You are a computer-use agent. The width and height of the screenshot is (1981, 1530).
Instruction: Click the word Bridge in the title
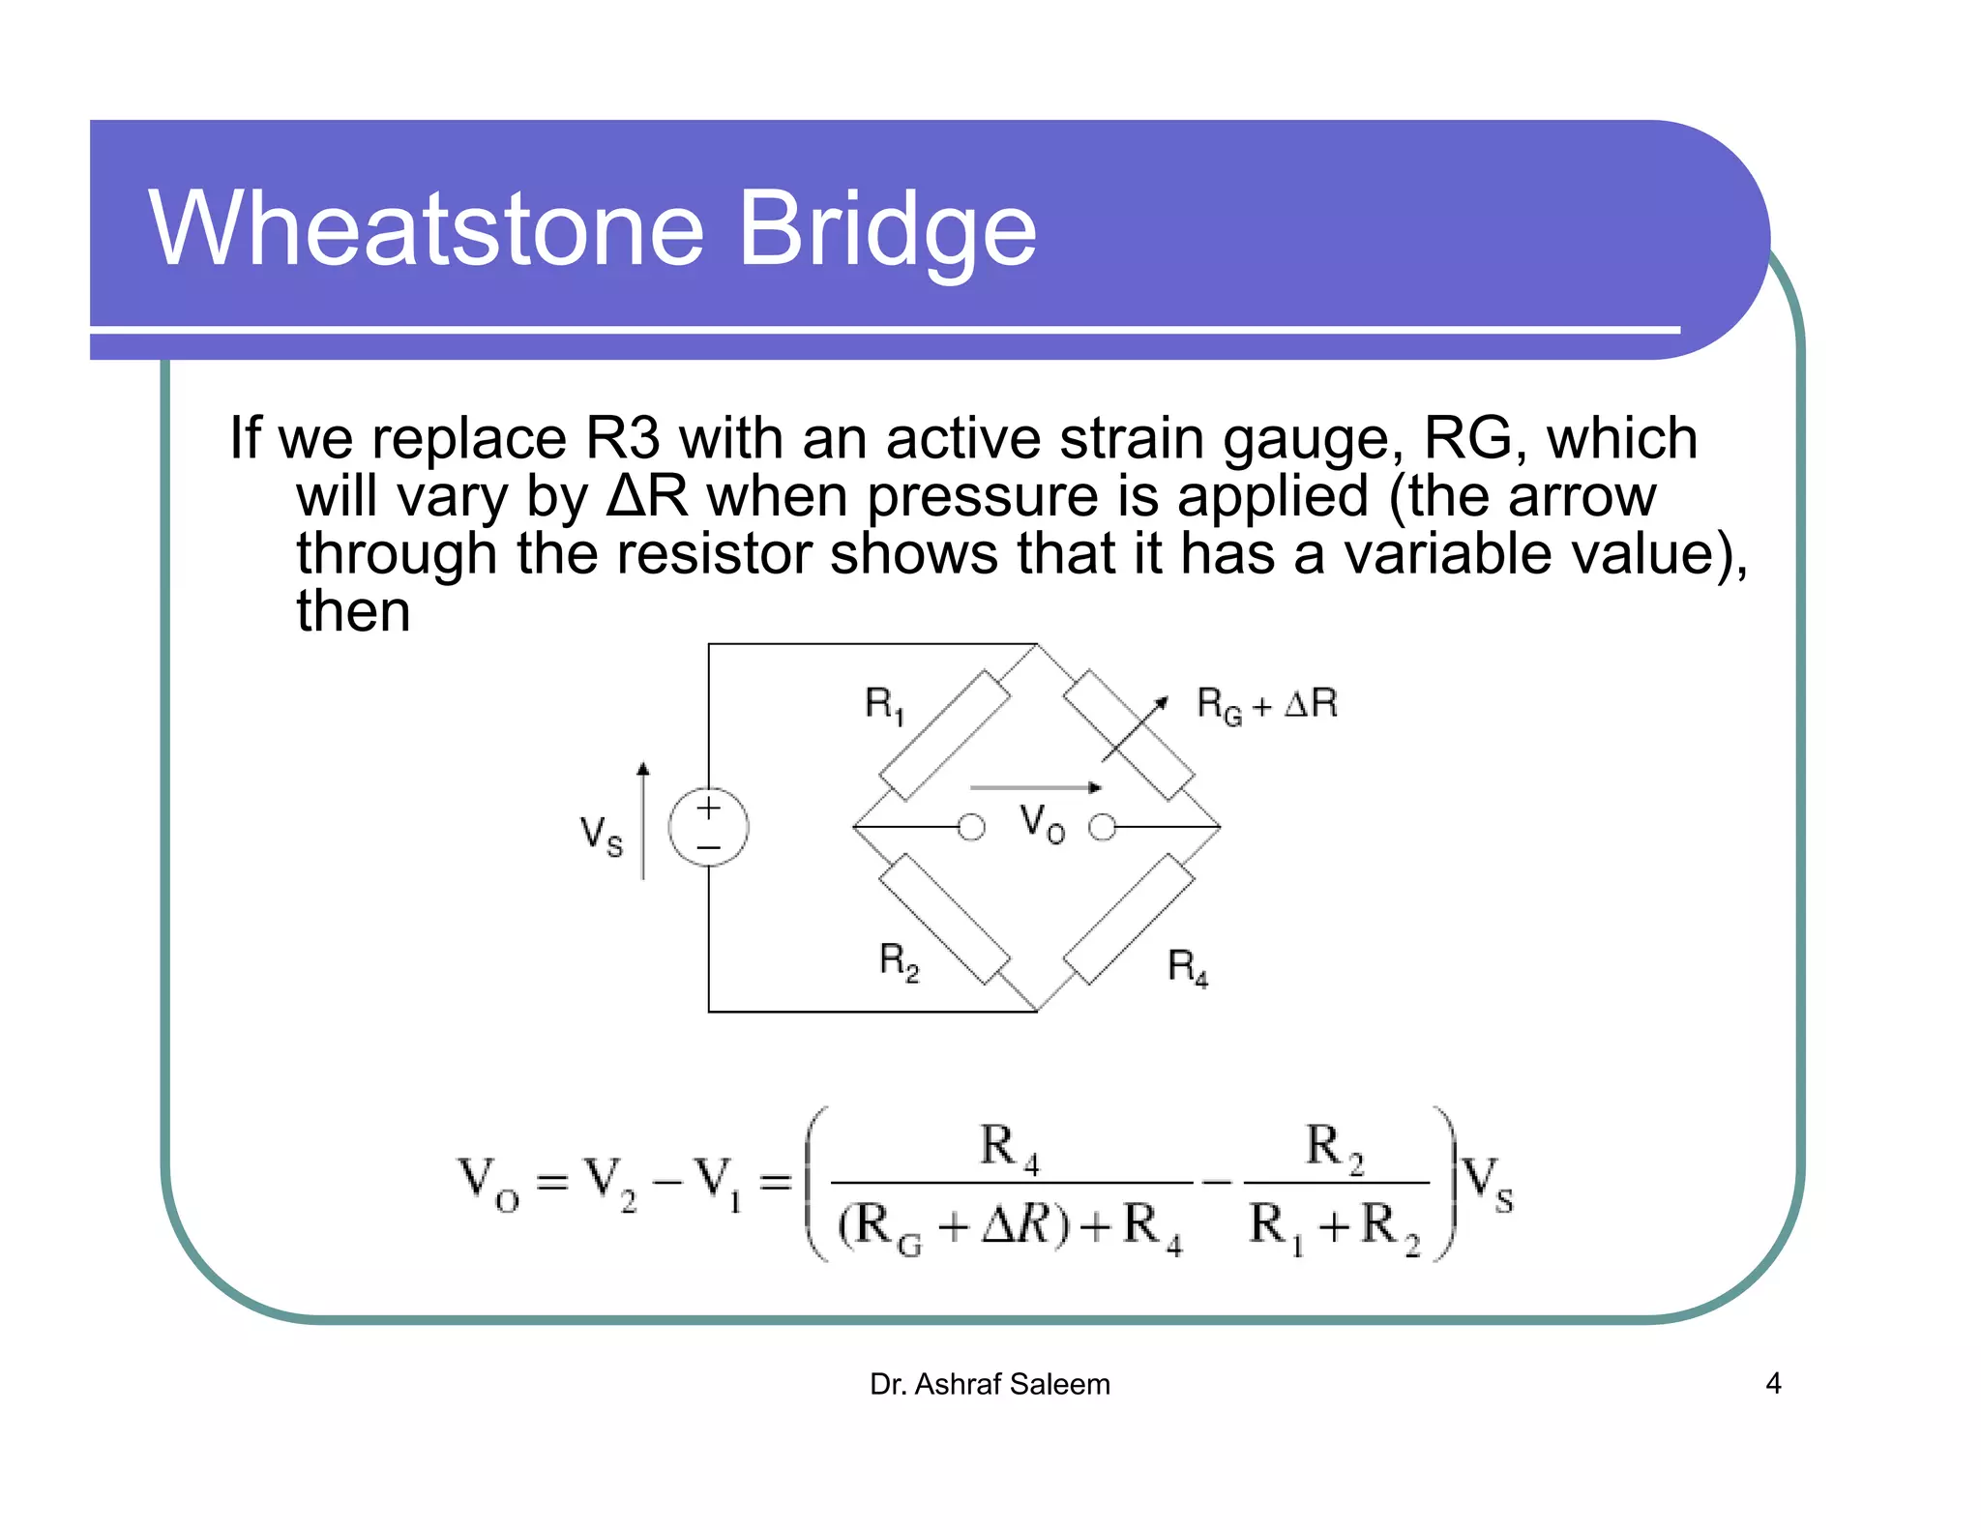tap(886, 232)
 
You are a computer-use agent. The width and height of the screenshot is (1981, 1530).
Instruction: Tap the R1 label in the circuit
tap(884, 704)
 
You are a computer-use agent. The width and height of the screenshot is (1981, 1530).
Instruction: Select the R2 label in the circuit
tap(899, 962)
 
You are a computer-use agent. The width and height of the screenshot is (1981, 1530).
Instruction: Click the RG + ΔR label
tap(1266, 704)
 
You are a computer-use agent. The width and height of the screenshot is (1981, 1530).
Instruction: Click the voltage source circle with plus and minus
tap(709, 828)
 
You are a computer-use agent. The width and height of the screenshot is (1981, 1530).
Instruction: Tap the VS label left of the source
tap(601, 835)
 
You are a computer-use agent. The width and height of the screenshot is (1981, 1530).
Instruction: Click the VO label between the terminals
tap(1043, 824)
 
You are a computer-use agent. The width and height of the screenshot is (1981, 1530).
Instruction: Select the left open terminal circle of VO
tap(971, 828)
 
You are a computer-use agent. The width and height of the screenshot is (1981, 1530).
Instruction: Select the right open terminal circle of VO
tap(1102, 828)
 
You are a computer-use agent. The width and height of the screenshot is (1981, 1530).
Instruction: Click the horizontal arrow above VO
tap(1035, 787)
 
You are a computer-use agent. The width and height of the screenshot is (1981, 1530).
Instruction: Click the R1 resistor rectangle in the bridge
tap(944, 735)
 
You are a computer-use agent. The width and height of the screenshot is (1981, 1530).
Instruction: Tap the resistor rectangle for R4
tap(1129, 919)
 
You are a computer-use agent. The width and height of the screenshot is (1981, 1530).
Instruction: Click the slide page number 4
tap(1773, 1383)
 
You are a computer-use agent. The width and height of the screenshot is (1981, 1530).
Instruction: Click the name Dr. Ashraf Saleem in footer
tap(990, 1384)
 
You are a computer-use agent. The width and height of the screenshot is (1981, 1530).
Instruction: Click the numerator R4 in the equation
tap(1009, 1148)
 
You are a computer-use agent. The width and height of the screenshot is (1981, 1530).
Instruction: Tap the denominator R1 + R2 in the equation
tap(1335, 1226)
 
